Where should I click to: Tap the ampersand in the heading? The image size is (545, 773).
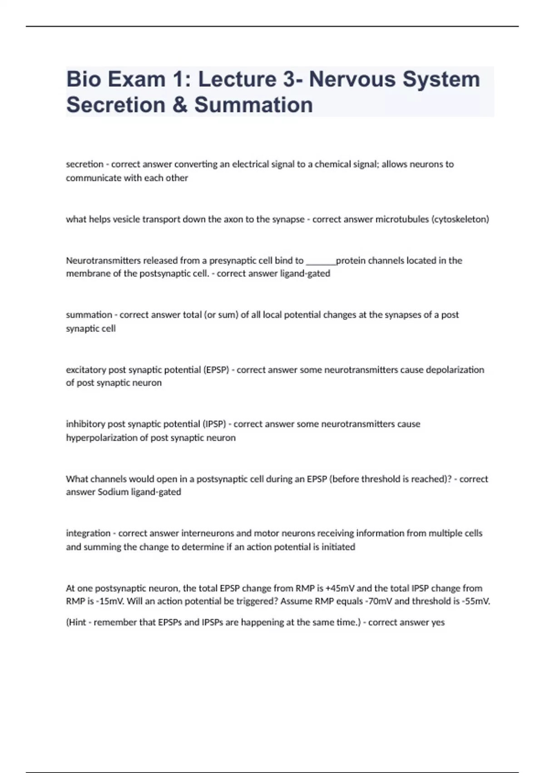179,105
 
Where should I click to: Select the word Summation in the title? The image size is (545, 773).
253,105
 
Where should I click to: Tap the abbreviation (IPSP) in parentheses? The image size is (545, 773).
213,424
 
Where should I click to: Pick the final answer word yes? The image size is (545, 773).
438,622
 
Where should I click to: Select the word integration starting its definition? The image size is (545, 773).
88,533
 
